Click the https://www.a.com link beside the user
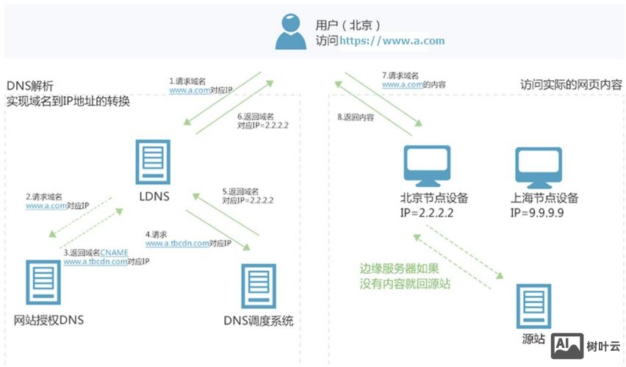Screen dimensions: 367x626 click(x=392, y=41)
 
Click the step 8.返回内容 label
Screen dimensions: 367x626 click(x=355, y=117)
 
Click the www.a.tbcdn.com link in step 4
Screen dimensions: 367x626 click(x=177, y=243)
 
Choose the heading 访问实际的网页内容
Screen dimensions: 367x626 click(x=571, y=84)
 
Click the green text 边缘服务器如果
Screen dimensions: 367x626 click(x=399, y=269)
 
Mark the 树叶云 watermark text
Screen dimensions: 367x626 click(x=603, y=345)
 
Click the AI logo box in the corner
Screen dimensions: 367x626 click(x=567, y=345)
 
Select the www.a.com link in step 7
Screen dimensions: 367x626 click(x=400, y=84)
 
